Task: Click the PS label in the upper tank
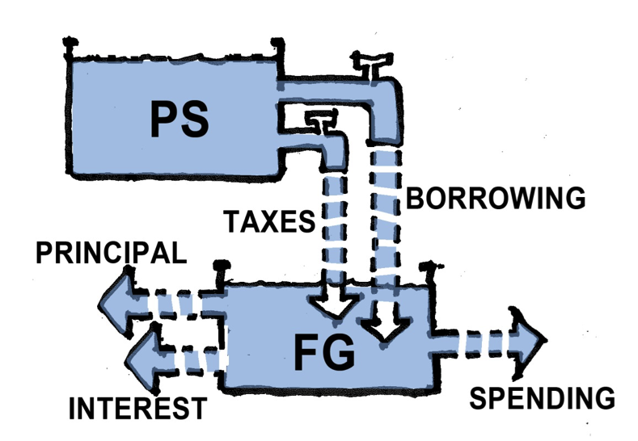pos(179,118)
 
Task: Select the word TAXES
pos(266,220)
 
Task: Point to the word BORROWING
pos(495,198)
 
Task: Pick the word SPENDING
pos(543,398)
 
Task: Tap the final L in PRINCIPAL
pos(179,254)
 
